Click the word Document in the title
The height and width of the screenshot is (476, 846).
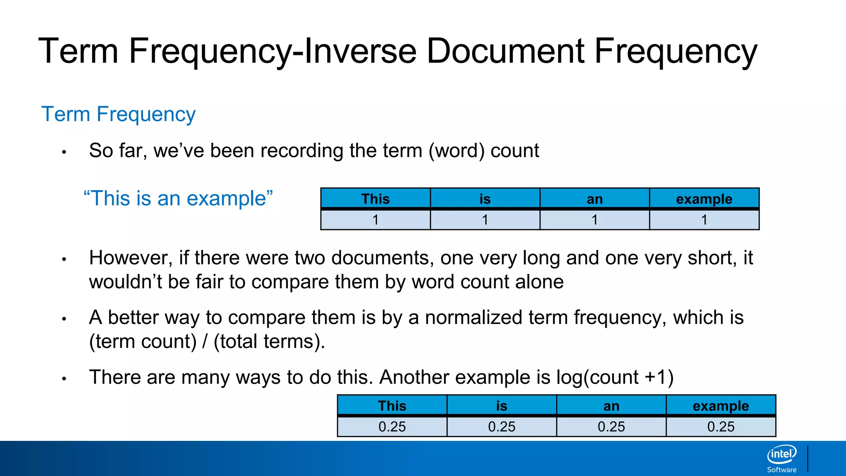click(505, 51)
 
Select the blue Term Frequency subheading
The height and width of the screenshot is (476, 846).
click(118, 114)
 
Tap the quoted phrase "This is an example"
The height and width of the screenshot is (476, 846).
click(178, 198)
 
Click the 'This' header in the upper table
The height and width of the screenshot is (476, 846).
click(375, 199)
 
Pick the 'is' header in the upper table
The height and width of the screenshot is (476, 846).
click(485, 199)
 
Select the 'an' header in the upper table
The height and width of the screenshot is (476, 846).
click(594, 199)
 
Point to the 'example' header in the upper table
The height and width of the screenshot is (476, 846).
click(704, 199)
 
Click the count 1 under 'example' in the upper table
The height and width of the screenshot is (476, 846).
click(704, 220)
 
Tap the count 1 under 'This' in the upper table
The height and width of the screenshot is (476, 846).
click(375, 220)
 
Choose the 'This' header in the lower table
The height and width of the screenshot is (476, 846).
click(392, 406)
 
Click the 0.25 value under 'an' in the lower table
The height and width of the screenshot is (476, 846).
click(611, 426)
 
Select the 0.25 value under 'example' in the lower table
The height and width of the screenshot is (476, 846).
click(721, 426)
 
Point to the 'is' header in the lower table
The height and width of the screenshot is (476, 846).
click(501, 406)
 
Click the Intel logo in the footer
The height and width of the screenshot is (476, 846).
click(782, 455)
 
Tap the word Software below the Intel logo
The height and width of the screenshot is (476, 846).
click(782, 470)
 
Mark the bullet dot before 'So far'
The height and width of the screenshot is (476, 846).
click(64, 152)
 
